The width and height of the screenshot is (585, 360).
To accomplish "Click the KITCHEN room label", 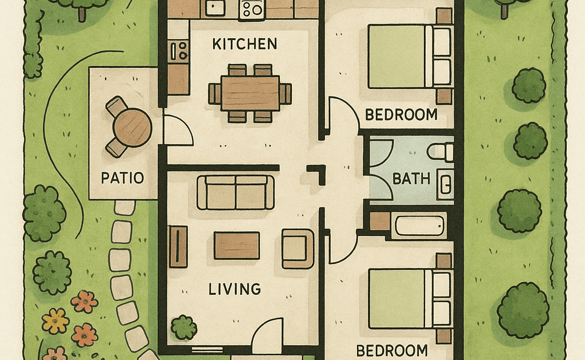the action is [245, 44].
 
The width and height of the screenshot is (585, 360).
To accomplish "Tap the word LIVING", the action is [234, 289].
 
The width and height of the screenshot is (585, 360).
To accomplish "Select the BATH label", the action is [411, 179].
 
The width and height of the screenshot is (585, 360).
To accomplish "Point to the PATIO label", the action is [122, 178].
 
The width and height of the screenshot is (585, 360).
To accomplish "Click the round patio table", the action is [133, 127].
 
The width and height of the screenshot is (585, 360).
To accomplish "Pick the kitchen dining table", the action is [250, 93].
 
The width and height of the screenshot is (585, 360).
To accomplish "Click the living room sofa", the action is [235, 193].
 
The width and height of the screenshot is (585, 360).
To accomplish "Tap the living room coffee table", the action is [237, 246].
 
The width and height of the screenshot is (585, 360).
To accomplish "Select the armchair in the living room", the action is [298, 249].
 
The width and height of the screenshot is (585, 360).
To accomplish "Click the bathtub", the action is [419, 225].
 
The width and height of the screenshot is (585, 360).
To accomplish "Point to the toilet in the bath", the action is [440, 152].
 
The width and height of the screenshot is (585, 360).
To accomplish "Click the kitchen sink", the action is [215, 8].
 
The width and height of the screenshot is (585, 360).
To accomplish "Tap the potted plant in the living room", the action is [183, 327].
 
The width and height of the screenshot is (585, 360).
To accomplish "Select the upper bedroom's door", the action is [343, 113].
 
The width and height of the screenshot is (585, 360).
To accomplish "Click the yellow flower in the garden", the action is [55, 321].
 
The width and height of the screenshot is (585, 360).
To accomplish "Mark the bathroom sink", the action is [446, 183].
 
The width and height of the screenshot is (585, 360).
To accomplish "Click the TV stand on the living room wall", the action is [178, 247].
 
